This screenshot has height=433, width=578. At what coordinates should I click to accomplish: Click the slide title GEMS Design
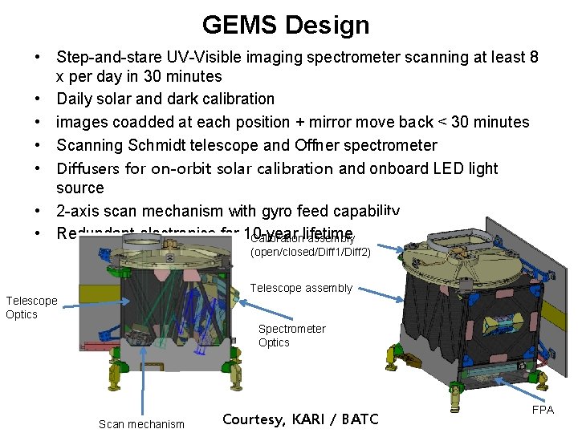[286, 25]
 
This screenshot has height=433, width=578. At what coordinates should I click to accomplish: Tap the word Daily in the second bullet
[75, 99]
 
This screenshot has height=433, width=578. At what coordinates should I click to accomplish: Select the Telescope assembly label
[301, 289]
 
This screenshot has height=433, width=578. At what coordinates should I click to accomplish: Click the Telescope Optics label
[31, 307]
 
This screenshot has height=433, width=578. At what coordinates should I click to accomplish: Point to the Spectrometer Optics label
[291, 335]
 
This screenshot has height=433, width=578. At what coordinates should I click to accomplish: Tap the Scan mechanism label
[141, 424]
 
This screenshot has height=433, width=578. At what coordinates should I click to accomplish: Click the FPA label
[543, 409]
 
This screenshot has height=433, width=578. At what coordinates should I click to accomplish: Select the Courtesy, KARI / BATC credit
[299, 419]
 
